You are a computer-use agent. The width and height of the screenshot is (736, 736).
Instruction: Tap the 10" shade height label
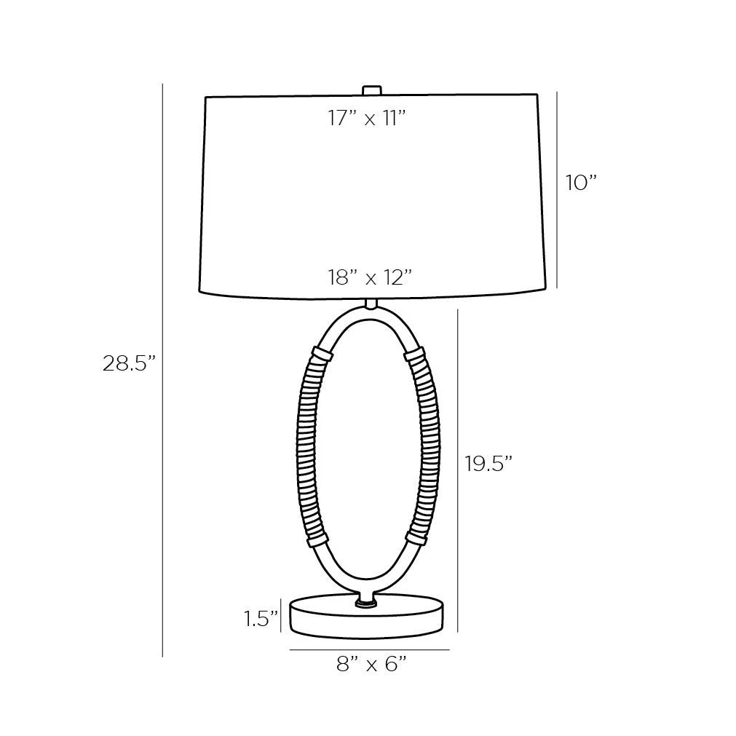coord(581,183)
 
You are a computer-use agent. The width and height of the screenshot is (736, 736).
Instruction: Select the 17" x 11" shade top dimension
coord(367,118)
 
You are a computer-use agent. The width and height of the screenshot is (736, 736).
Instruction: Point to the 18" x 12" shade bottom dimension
coord(370,278)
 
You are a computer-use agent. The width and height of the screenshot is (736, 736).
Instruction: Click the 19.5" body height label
coord(488,464)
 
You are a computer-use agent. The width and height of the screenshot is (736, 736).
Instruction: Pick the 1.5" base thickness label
coord(261,619)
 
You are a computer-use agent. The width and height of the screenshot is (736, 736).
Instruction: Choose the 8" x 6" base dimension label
coord(371,664)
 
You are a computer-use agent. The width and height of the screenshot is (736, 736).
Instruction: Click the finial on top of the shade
coord(371,90)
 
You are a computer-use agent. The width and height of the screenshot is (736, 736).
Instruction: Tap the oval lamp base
coord(367,617)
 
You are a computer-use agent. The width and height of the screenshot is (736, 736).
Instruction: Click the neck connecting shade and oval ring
coord(371,304)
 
